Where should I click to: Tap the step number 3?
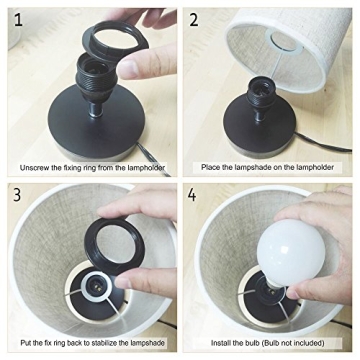tap(13, 193)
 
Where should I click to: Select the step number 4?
tap(196, 193)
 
